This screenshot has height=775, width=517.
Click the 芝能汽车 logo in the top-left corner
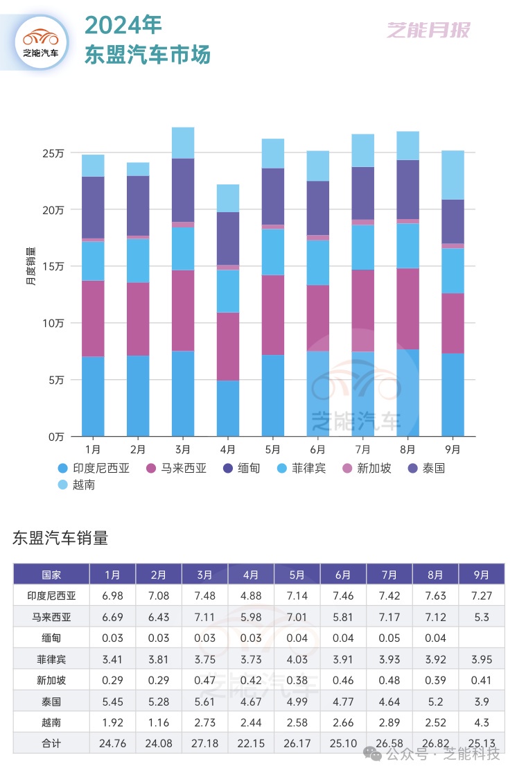tap(41, 42)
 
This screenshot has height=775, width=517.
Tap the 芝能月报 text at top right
tap(428, 31)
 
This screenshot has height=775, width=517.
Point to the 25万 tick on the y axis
tap(55, 153)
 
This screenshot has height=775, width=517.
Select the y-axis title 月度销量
tap(31, 266)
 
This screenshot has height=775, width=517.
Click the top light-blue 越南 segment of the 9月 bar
tap(453, 175)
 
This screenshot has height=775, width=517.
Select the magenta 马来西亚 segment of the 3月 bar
tap(183, 311)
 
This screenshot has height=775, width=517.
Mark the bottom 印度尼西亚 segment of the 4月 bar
tap(228, 408)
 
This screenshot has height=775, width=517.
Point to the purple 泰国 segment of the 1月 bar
tap(93, 207)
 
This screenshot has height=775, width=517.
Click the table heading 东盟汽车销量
tap(60, 538)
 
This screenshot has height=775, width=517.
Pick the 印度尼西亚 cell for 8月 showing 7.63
tap(435, 595)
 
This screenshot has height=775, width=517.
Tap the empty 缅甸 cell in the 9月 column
tap(482, 638)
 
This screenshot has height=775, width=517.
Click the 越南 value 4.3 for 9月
tap(482, 722)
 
